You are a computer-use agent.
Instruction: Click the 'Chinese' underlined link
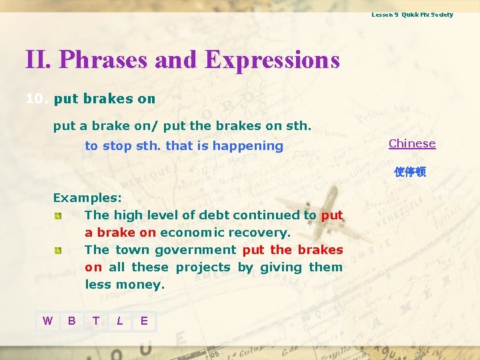point(412,143)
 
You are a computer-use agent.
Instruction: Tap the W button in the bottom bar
point(47,321)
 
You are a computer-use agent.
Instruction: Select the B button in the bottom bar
point(71,321)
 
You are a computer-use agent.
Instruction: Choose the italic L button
point(119,321)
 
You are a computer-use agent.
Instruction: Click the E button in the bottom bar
point(144,321)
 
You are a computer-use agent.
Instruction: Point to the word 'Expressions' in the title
point(272,60)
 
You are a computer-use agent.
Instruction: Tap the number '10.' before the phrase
point(37,99)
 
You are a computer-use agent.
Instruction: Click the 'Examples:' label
point(87,198)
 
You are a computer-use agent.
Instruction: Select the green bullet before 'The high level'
point(59,215)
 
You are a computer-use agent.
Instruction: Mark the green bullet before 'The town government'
point(59,250)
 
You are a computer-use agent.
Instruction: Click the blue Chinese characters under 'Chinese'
point(409,172)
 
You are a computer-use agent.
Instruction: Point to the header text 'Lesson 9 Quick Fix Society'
point(412,15)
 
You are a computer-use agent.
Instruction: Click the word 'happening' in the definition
point(252,146)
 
